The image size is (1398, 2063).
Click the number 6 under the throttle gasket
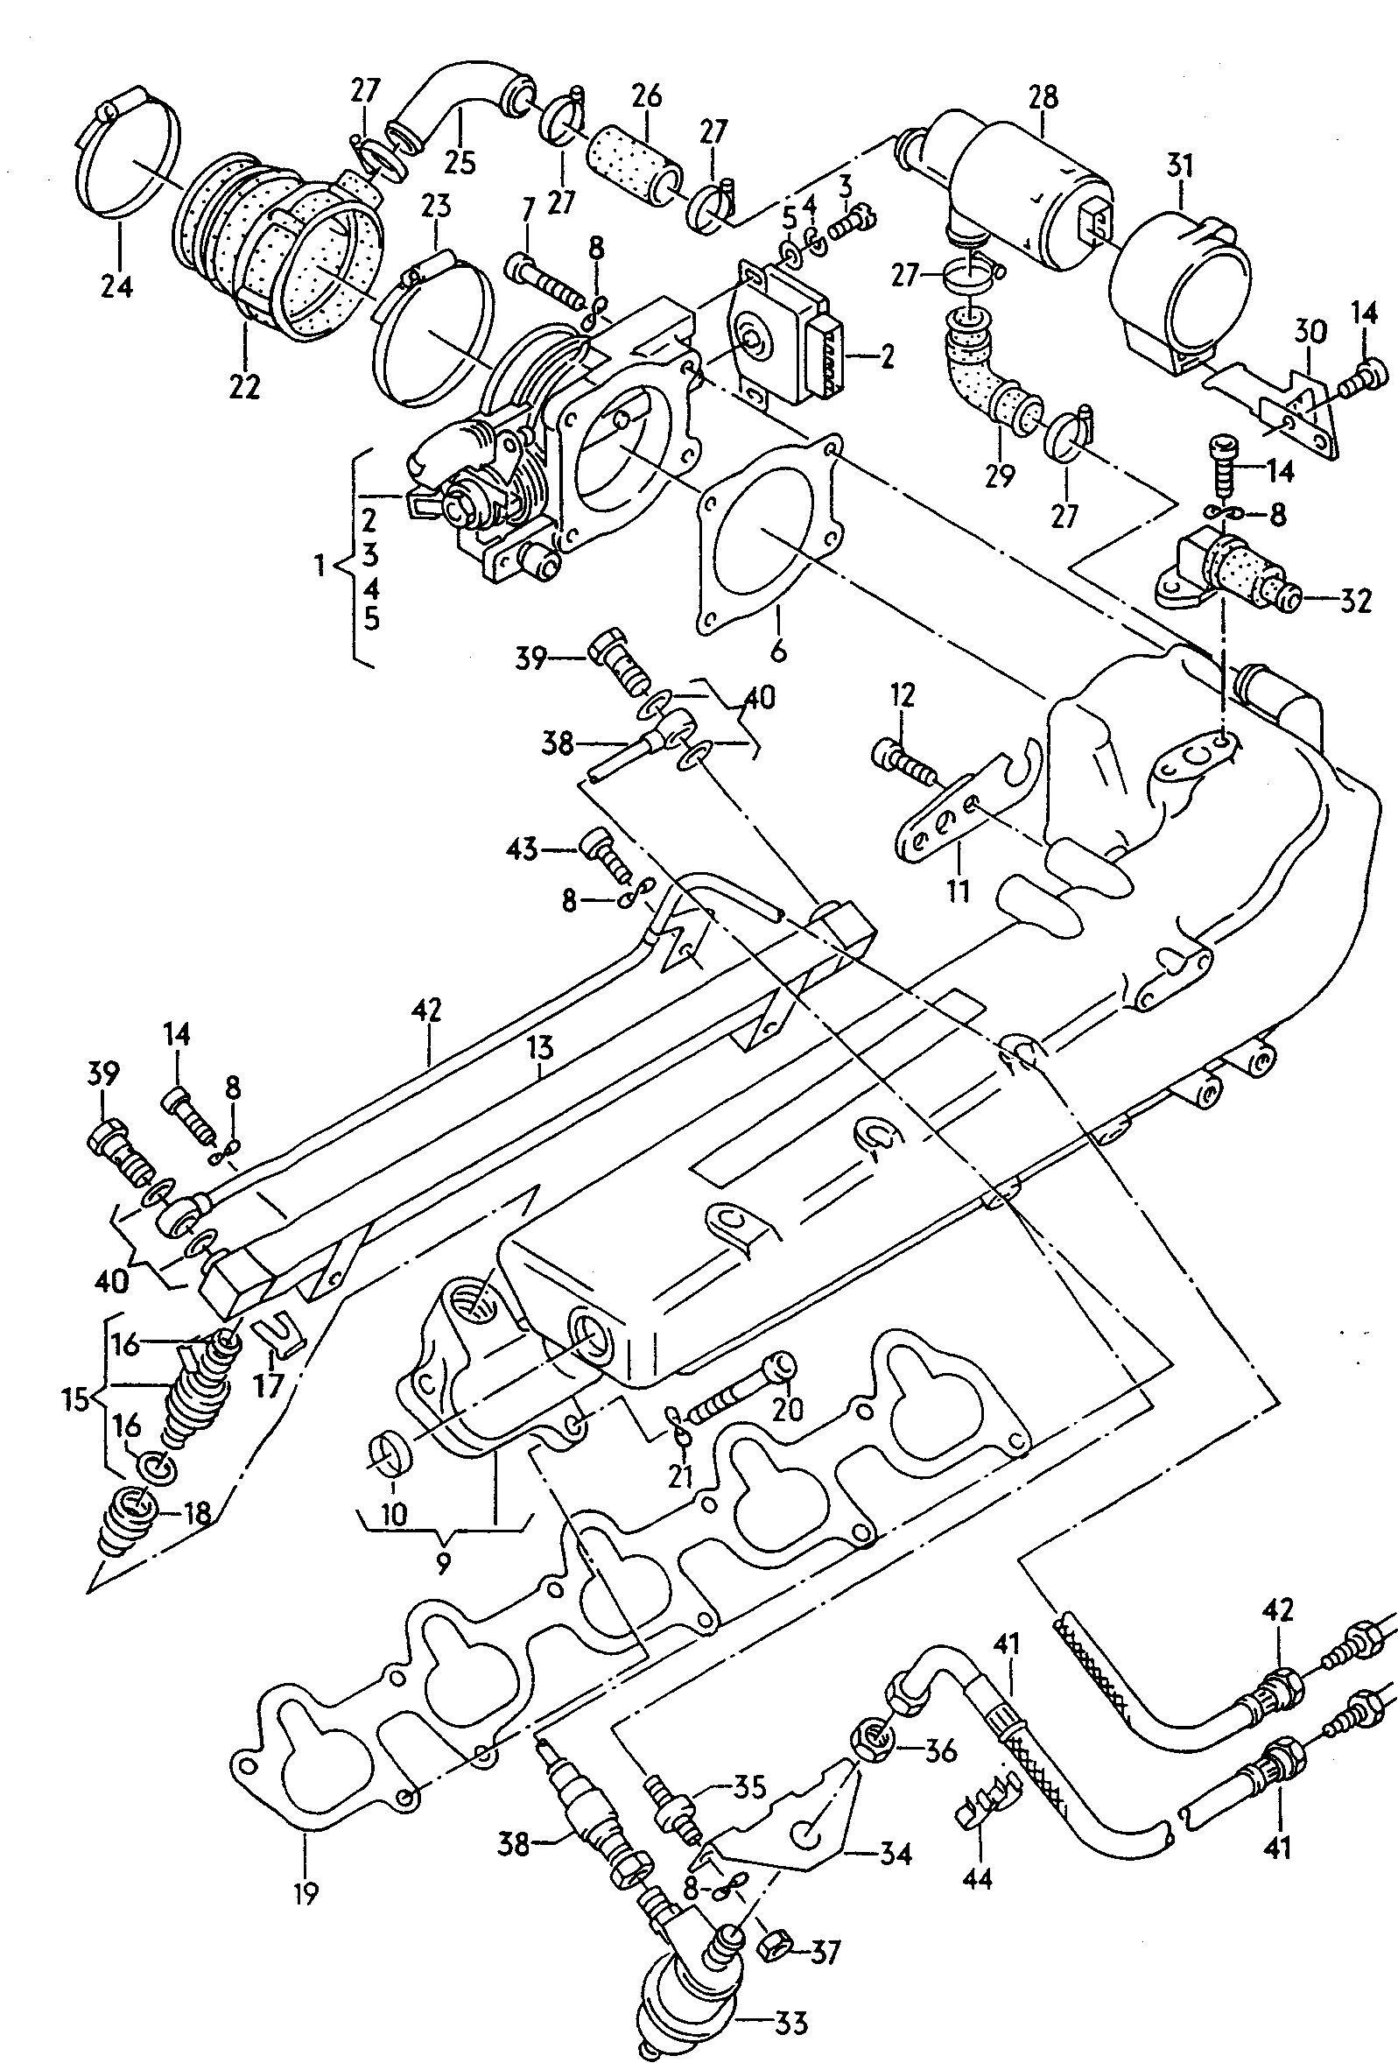(x=778, y=651)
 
